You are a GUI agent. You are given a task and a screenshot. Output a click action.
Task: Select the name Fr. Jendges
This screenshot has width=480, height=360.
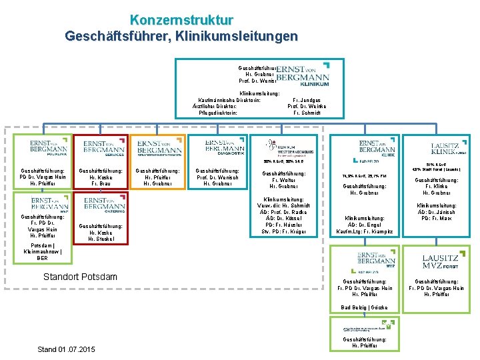click(x=307, y=99)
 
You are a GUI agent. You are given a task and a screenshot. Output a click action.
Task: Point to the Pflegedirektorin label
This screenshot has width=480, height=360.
click(x=213, y=113)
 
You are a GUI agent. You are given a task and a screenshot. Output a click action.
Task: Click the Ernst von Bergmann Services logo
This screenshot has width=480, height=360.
click(x=104, y=147)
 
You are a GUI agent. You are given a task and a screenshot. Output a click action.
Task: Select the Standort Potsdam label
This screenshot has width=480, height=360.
click(x=80, y=277)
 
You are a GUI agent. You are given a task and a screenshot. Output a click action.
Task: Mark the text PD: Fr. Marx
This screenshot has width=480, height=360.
click(x=437, y=219)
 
